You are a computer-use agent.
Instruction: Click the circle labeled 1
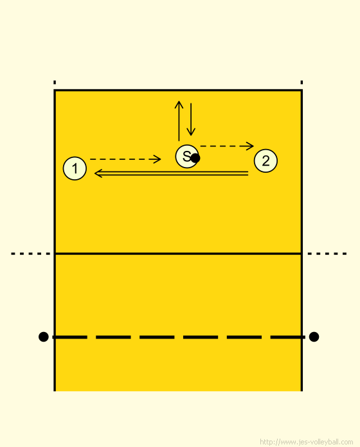[x=75, y=168]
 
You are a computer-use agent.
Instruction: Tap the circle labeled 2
[x=265, y=161]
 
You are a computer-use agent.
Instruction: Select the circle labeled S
[x=187, y=156]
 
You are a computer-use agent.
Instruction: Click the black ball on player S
[x=195, y=158]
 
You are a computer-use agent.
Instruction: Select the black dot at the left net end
[x=43, y=337]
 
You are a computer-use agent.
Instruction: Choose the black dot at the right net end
[x=314, y=337]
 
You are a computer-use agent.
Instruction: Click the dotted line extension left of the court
[x=30, y=254]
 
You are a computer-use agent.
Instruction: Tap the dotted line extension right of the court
[x=327, y=254]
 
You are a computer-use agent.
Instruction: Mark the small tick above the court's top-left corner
[x=55, y=82]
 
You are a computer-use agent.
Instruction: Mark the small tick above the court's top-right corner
[x=301, y=82]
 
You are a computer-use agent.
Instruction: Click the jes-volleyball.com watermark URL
[x=307, y=442]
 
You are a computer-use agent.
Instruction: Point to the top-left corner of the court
[x=55, y=91]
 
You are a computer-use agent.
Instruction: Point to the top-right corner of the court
[x=301, y=91]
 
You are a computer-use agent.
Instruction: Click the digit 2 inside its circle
[x=266, y=161]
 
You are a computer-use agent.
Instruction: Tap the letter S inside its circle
[x=186, y=156]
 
